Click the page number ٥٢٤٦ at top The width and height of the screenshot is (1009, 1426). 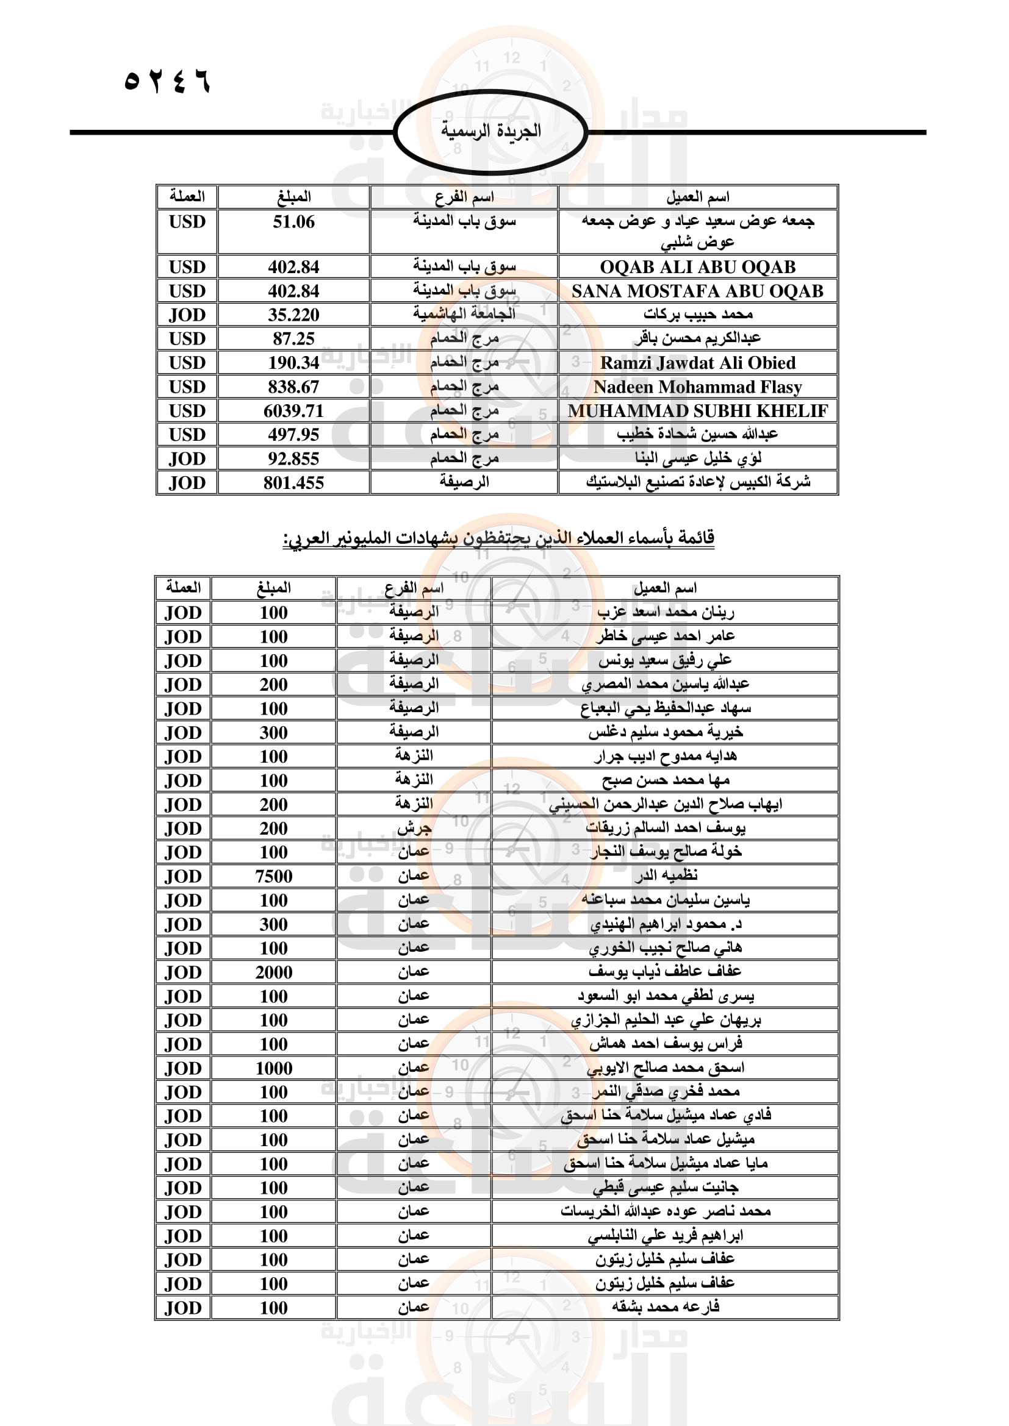167,81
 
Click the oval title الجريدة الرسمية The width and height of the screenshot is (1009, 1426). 491,131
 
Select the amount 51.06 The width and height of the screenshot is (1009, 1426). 293,223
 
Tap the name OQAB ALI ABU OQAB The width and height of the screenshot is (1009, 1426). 697,267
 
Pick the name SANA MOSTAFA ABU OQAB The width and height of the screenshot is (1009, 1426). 697,291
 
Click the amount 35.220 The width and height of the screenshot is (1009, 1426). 293,315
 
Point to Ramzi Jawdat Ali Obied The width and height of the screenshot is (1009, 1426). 697,363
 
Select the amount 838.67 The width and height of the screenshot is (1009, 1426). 293,387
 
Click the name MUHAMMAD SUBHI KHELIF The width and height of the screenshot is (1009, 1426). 697,411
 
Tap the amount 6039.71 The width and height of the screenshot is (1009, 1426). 293,411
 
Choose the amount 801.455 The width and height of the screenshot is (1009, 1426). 293,483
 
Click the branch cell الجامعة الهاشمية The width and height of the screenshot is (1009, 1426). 464,314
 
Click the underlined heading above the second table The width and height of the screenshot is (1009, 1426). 498,537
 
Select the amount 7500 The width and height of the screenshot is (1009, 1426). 273,876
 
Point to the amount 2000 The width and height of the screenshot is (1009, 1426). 273,972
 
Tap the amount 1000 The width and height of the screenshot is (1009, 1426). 273,1068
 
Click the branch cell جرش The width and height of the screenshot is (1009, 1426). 414,828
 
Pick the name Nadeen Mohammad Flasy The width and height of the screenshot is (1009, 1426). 697,387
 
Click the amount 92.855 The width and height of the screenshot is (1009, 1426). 293,459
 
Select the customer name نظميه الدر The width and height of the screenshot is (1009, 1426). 666,875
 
